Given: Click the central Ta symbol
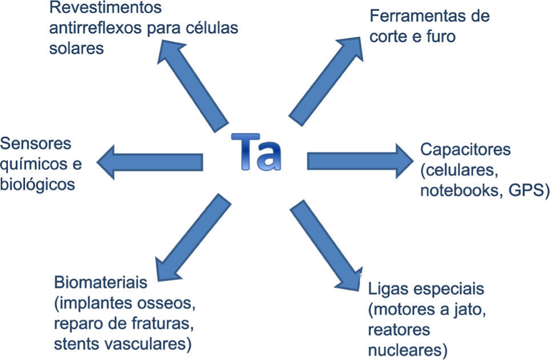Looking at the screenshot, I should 256,153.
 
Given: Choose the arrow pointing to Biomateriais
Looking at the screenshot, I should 188,235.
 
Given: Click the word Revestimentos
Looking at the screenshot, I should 105,9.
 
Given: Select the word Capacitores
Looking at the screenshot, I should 465,151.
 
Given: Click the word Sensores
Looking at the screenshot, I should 36,143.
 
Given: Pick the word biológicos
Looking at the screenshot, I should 38,185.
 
